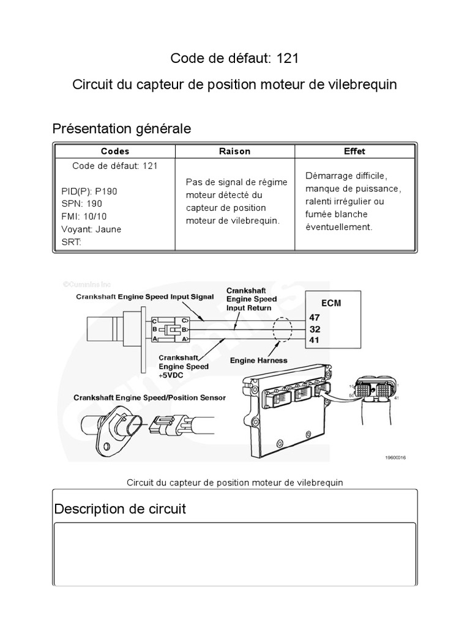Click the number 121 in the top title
[287, 58]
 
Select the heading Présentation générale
[121, 129]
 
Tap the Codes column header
[115, 151]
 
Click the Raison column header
[234, 151]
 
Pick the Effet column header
[354, 151]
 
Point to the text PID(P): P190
[89, 191]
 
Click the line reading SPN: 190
[82, 204]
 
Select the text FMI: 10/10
[84, 216]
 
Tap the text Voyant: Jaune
[91, 229]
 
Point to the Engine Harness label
[258, 361]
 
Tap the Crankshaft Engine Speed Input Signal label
[144, 296]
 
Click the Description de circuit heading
[120, 509]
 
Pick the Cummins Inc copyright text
[86, 284]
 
